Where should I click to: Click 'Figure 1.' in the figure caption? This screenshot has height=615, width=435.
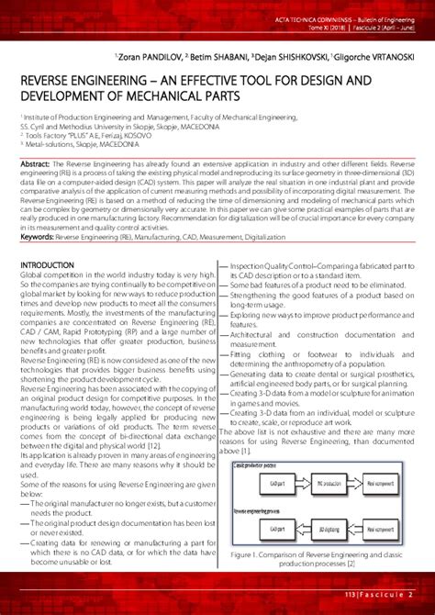coord(251,554)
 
